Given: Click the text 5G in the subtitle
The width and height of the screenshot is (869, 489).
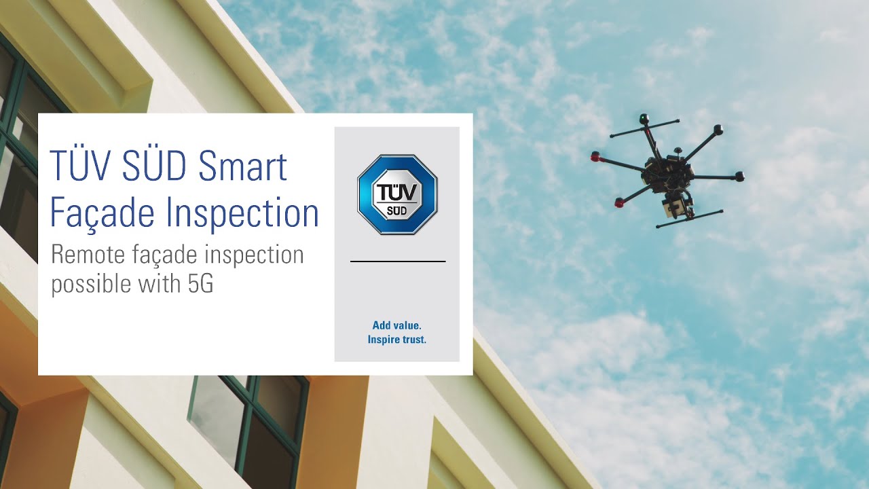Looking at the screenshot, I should (x=201, y=284).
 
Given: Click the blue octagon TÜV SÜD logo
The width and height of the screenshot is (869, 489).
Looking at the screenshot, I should (x=397, y=194).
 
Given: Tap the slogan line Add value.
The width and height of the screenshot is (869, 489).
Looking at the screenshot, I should (x=397, y=326).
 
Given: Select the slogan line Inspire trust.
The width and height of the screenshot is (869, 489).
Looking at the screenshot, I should (x=397, y=340).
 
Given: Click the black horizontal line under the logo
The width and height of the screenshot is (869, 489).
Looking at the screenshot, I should (x=398, y=261).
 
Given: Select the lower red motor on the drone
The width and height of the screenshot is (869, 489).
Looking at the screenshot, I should (x=619, y=202).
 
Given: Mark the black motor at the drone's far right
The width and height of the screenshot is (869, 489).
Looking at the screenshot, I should (x=739, y=177).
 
